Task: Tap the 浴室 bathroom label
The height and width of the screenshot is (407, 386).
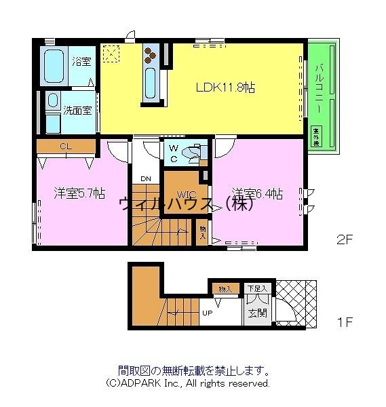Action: tap(81, 62)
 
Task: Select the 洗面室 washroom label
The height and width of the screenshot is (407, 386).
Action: tap(77, 110)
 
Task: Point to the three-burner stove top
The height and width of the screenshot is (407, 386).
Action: tap(151, 54)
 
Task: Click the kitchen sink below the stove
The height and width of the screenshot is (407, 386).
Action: tap(151, 82)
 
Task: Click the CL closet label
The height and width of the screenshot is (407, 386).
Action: tap(64, 146)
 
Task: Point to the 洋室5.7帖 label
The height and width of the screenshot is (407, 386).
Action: tap(79, 193)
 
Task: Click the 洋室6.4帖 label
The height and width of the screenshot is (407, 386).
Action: tap(258, 193)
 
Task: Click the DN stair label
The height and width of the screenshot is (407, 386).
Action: tap(145, 179)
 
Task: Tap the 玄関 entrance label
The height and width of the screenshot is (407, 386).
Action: tap(256, 313)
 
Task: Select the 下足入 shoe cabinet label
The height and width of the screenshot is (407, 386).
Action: tap(257, 288)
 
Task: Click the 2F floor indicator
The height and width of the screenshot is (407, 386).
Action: tap(346, 239)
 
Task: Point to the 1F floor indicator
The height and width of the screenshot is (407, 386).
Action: tap(345, 322)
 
